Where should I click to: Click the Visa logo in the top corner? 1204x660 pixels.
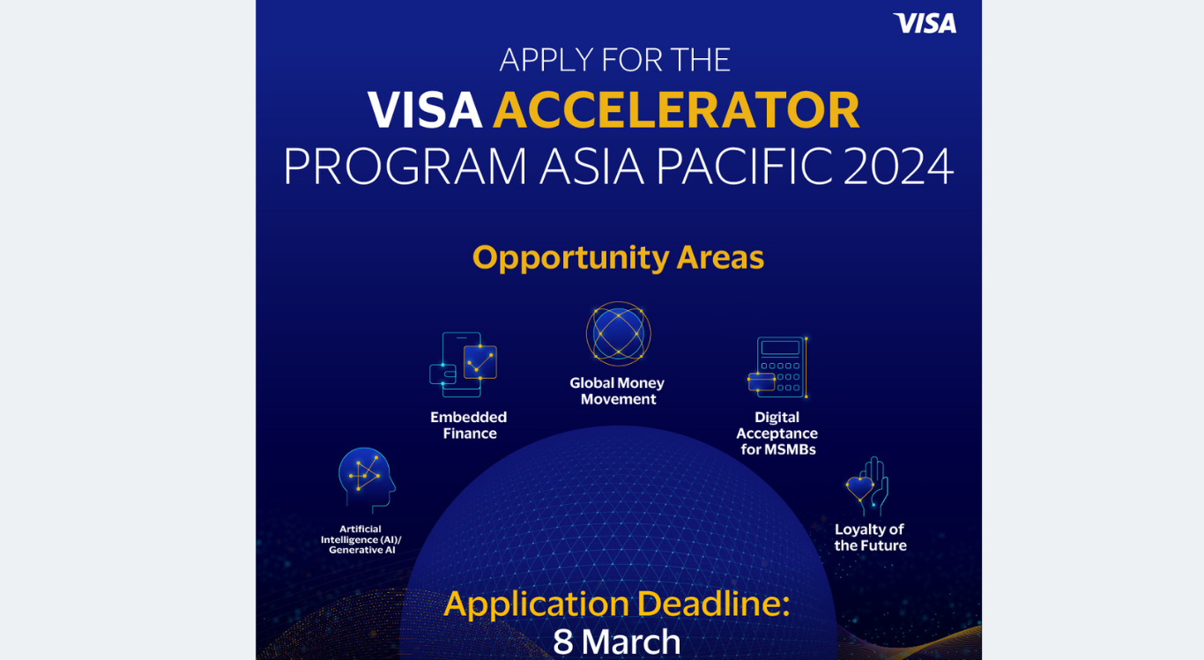(x=925, y=24)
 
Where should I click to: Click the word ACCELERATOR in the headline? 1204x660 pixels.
(x=676, y=111)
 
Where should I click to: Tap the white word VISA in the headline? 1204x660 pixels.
(x=425, y=111)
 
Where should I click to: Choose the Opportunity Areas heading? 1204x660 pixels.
(x=618, y=257)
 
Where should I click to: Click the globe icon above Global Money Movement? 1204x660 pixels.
(x=618, y=335)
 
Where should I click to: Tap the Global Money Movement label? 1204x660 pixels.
(x=617, y=391)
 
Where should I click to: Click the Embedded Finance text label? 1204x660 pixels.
(x=469, y=425)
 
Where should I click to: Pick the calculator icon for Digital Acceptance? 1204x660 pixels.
(x=778, y=367)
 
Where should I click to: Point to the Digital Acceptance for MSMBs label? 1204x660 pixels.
(x=777, y=433)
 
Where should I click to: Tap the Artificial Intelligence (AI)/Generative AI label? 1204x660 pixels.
(x=361, y=539)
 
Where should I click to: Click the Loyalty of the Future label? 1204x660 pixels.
(x=870, y=538)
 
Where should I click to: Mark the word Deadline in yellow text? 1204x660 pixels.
(x=712, y=604)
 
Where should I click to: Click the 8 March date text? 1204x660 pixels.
(x=617, y=641)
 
